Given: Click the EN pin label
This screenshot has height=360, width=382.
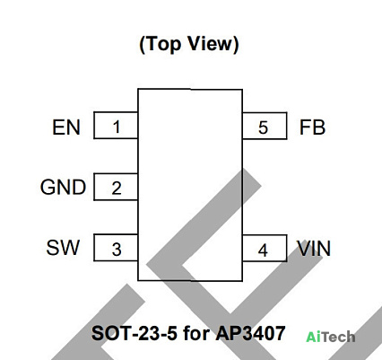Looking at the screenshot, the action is (66, 127).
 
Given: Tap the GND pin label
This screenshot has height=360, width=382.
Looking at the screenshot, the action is (63, 188).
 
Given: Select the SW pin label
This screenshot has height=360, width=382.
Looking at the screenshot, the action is (63, 248).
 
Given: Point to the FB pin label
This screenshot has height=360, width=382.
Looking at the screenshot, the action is (312, 127).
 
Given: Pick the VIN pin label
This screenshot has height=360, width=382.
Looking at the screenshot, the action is (314, 248).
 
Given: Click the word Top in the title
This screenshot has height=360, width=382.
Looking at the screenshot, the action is (164, 44).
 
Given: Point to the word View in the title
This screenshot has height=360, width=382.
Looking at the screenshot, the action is (210, 43).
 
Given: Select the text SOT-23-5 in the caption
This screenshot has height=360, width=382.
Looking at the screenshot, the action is (135, 333).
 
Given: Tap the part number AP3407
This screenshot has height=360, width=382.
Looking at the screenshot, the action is (250, 333).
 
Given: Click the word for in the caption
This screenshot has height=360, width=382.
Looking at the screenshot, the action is (196, 333).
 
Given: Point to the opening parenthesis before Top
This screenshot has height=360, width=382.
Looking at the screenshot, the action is (143, 45).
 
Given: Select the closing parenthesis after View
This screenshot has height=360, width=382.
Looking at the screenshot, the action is (236, 45).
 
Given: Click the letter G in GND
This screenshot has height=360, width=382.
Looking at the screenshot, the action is (48, 188).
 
